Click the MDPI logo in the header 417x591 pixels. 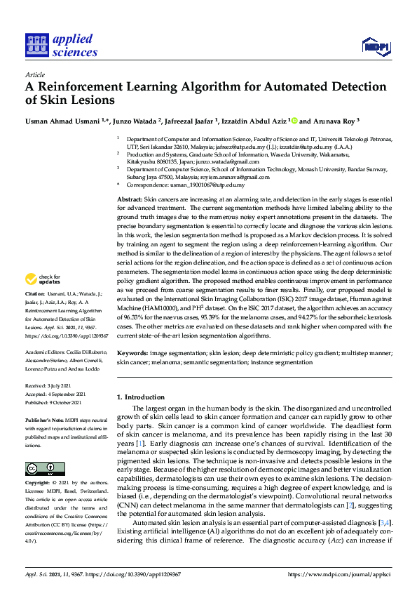coord(375,46)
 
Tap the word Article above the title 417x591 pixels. coord(34,74)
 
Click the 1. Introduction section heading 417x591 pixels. coord(141,397)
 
